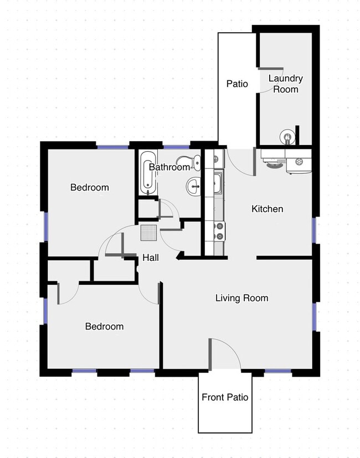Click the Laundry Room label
click(286, 84)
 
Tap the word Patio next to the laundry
click(237, 84)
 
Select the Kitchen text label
click(268, 209)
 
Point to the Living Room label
click(241, 298)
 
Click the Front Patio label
click(225, 397)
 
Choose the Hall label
click(151, 258)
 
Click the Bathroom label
click(169, 167)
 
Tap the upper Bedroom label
click(90, 187)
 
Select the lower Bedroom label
click(104, 326)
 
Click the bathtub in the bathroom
click(146, 172)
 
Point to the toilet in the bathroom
click(194, 163)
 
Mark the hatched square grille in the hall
click(149, 233)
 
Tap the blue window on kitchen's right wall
click(314, 230)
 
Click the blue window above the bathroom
click(176, 146)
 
